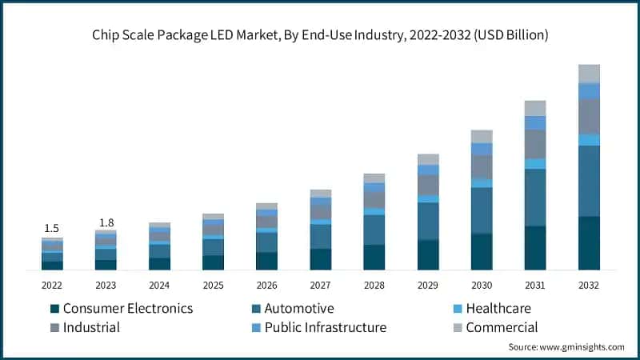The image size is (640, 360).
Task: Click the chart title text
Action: pos(320,35)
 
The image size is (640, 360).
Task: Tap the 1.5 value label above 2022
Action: pos(52,228)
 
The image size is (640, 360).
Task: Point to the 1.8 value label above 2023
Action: pos(106,222)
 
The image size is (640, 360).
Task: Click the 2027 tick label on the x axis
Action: pos(320,286)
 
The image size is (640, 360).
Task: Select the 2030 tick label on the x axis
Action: pos(482,286)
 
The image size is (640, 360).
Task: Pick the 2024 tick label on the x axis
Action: pos(159,286)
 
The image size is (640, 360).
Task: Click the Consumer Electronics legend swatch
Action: pos(54,309)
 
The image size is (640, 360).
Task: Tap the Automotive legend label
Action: pos(300,309)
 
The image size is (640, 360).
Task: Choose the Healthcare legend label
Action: pos(498,309)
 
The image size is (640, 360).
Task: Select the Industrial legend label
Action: pos(91,327)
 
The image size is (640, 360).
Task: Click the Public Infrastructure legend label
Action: pos(326,327)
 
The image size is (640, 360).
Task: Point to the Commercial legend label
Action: pos(502,327)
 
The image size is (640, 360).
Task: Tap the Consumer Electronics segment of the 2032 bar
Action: pos(589,243)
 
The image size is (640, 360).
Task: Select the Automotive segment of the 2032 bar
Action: pos(589,181)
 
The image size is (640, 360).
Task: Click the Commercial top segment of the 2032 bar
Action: pos(589,74)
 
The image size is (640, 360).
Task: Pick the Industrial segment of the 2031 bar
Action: pos(535,144)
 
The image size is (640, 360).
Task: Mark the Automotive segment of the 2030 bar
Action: pos(482,210)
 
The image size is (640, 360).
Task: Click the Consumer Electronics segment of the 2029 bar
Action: pos(428,254)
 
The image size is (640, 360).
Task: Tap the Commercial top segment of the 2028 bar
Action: pos(374,178)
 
